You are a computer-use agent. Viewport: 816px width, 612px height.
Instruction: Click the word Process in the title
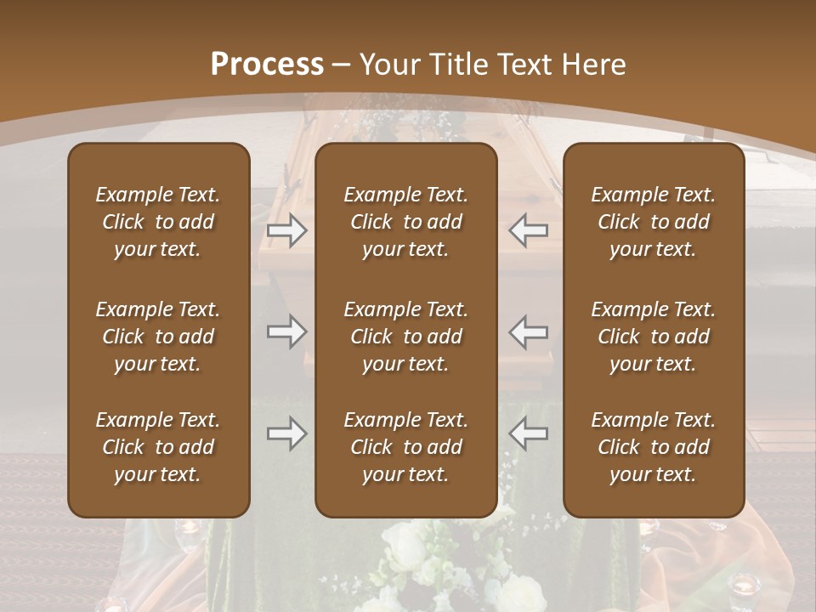click(267, 65)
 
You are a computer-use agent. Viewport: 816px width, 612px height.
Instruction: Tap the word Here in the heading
click(594, 65)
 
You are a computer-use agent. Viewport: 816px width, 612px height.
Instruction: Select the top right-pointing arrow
click(286, 229)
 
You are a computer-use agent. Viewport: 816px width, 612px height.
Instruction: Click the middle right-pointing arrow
click(286, 331)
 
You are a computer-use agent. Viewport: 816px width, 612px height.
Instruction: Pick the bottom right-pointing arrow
click(286, 433)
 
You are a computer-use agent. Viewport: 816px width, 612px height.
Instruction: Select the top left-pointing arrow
click(528, 229)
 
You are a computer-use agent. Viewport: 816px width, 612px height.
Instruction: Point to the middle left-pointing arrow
click(528, 331)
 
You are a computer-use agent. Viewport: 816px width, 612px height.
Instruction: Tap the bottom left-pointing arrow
click(528, 433)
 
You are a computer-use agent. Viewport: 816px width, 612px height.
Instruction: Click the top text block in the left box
click(158, 222)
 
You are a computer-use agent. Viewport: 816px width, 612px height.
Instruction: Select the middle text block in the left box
click(158, 337)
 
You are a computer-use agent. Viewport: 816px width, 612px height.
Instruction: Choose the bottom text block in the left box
click(158, 447)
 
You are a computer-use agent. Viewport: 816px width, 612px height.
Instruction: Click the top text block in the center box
click(406, 222)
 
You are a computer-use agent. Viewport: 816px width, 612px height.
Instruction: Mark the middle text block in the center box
click(406, 337)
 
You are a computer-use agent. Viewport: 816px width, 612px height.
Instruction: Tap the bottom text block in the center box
click(406, 447)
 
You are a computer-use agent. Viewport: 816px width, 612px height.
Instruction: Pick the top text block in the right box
click(654, 222)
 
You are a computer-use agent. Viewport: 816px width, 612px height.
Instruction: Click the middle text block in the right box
click(654, 337)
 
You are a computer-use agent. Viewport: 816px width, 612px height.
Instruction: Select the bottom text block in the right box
click(654, 447)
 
